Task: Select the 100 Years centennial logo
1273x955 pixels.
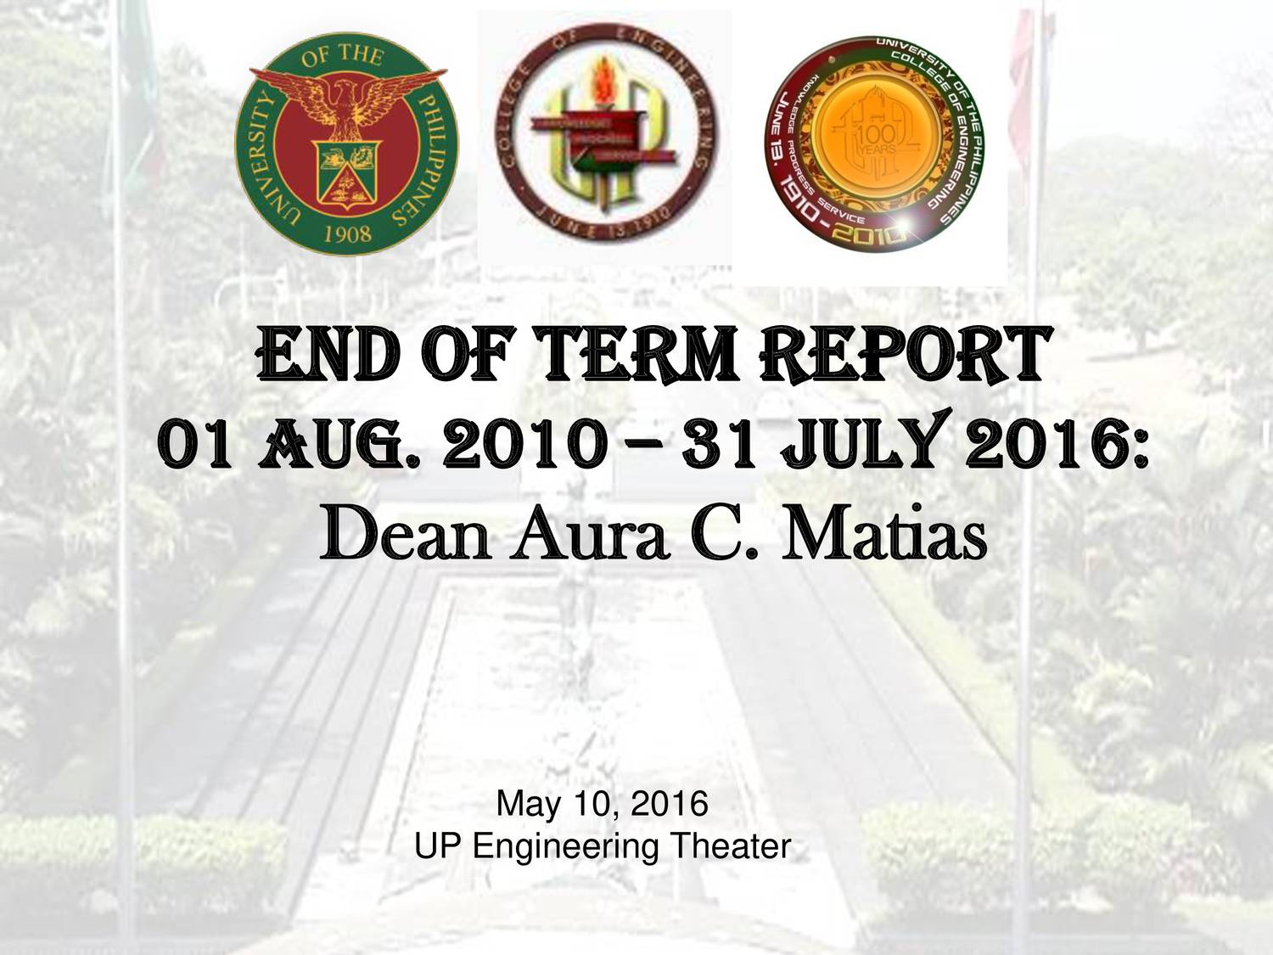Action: [875, 143]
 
